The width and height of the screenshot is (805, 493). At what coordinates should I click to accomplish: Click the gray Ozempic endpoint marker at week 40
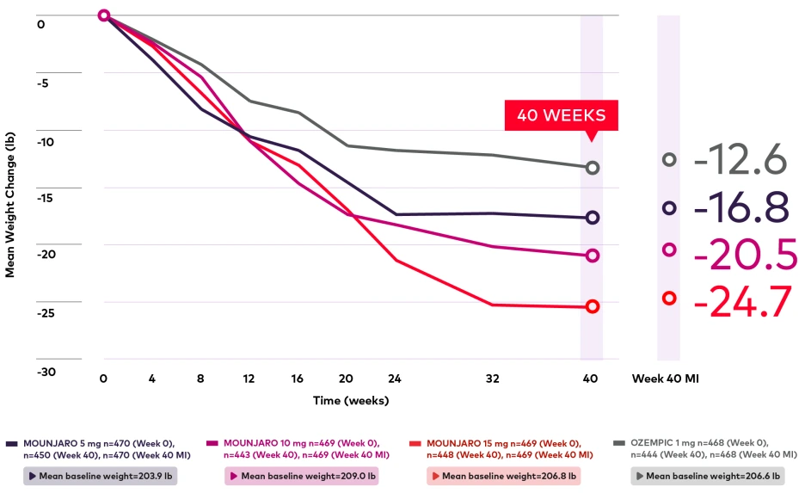click(x=592, y=168)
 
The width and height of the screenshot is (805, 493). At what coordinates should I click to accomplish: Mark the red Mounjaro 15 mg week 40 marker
click(x=592, y=306)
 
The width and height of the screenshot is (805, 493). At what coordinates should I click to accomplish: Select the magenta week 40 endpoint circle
click(x=592, y=256)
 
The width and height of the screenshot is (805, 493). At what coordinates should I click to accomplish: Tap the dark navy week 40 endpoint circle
click(x=592, y=218)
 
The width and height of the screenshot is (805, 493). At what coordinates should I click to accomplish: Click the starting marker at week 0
click(x=104, y=15)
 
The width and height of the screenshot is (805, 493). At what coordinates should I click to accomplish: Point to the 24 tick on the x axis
click(x=396, y=379)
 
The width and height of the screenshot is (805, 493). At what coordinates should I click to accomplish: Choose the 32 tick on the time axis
click(x=493, y=379)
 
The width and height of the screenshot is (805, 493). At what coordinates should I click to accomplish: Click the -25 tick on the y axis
click(x=46, y=313)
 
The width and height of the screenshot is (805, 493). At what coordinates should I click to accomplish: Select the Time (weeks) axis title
click(x=350, y=400)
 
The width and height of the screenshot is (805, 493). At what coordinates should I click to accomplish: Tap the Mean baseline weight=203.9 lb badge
click(x=99, y=476)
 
